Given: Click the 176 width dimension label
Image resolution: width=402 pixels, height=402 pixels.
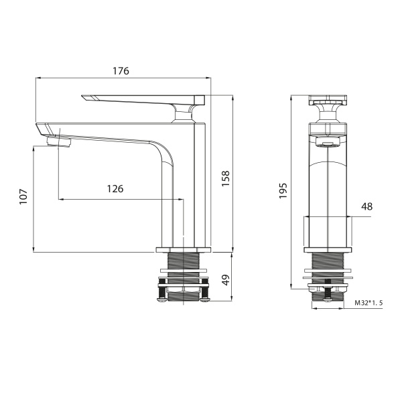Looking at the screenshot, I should click(x=121, y=71).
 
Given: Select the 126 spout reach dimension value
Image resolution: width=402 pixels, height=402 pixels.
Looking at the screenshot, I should click(x=115, y=189).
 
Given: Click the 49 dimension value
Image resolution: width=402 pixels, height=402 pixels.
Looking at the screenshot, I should click(x=226, y=279).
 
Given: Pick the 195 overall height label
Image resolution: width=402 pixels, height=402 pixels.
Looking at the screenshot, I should click(x=283, y=191).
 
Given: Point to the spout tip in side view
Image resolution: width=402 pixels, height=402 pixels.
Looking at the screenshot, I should click(x=42, y=128).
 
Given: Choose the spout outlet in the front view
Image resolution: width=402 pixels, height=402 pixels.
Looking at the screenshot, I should click(x=327, y=142).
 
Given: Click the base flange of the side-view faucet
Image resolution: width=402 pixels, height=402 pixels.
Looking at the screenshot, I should click(x=183, y=251).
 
